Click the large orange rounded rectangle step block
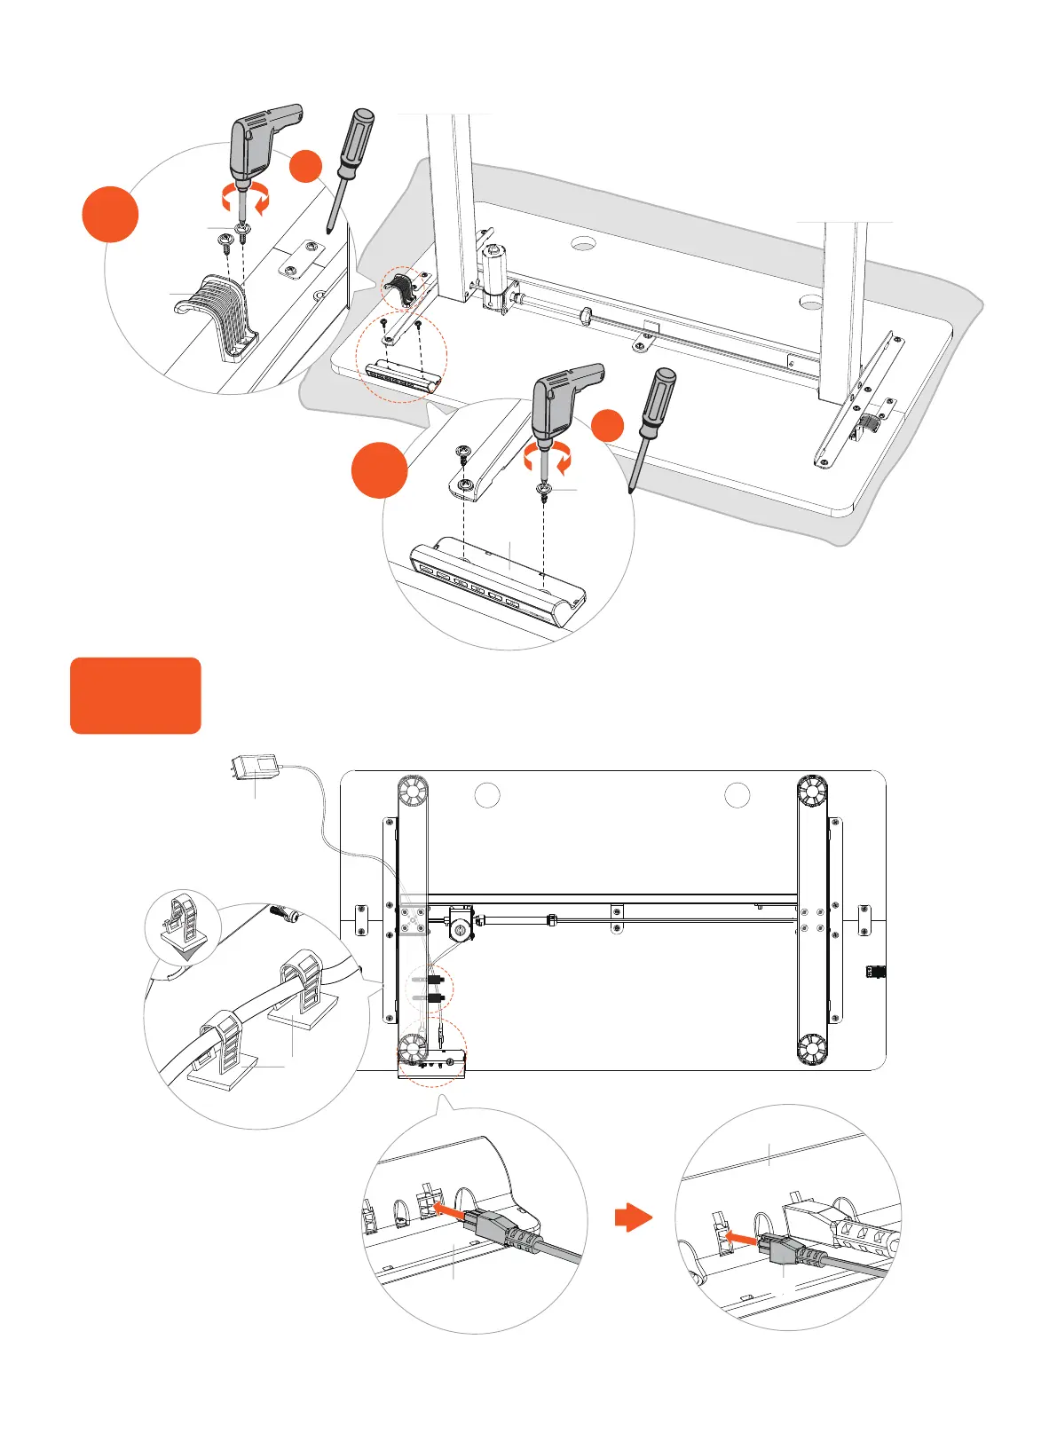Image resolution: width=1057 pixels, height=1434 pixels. [x=135, y=695]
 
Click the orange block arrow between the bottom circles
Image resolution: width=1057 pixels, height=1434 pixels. [x=633, y=1217]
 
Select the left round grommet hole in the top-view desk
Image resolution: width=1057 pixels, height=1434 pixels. [x=487, y=795]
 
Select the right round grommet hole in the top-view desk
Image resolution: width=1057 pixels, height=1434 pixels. [x=738, y=795]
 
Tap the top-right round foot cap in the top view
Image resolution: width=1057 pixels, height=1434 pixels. [x=811, y=791]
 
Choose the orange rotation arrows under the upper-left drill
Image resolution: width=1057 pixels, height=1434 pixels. [x=245, y=201]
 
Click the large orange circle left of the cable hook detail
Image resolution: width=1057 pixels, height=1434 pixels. [x=110, y=214]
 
